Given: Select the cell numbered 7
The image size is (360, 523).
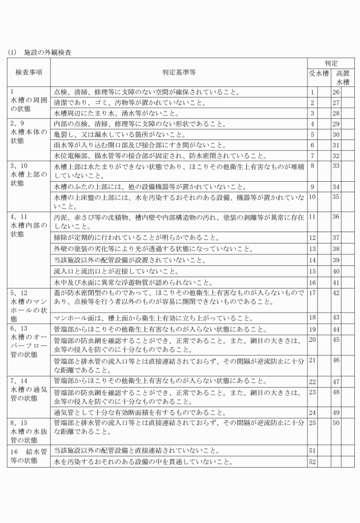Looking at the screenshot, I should click(x=313, y=155).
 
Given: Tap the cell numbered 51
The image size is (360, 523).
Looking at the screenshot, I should click(x=313, y=450).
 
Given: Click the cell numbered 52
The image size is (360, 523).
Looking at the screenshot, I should click(x=313, y=461).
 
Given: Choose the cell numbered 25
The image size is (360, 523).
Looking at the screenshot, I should click(x=313, y=422).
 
